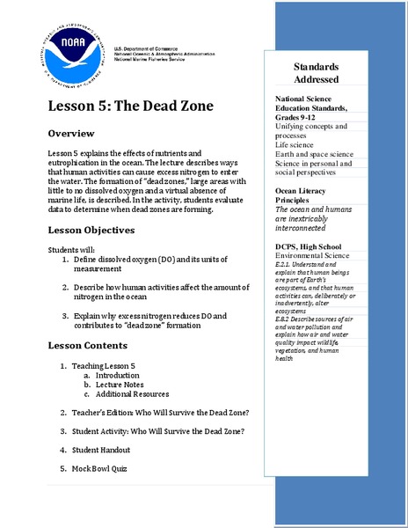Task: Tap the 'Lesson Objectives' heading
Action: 91,231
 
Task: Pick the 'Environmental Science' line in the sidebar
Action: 312,255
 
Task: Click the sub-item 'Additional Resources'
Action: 132,394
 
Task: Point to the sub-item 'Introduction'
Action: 118,375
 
